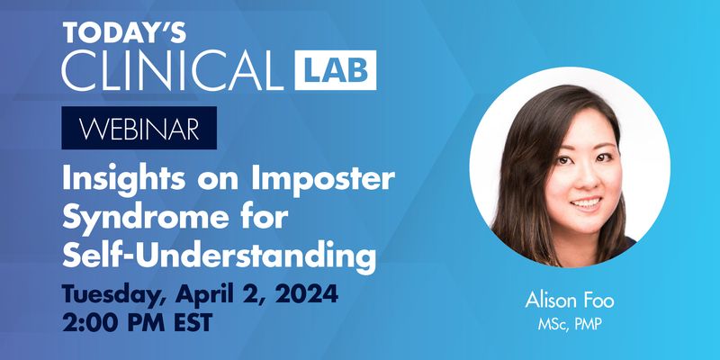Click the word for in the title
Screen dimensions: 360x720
[x=242, y=219]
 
